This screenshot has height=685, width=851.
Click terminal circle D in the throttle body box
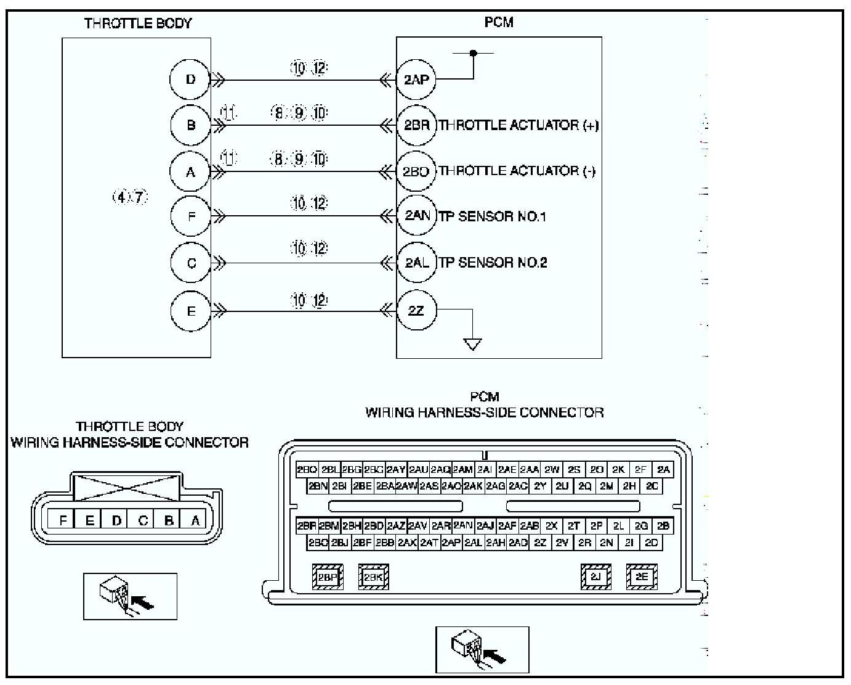point(190,79)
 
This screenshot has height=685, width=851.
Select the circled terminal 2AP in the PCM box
point(416,79)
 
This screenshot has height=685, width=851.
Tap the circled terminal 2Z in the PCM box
point(416,310)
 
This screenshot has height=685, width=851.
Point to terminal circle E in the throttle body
point(191,310)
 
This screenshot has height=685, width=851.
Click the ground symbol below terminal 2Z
point(472,344)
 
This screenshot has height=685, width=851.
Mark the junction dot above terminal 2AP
point(473,53)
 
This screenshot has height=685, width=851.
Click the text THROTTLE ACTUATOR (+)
point(518,125)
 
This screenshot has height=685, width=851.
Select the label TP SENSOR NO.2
point(493,263)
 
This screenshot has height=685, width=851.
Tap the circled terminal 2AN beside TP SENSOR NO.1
point(417,216)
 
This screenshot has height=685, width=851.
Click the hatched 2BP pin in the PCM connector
point(328,577)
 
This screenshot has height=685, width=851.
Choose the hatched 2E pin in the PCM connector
point(642,576)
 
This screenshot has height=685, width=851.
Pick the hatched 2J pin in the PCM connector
point(595,576)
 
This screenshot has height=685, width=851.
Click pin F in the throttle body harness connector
point(63,520)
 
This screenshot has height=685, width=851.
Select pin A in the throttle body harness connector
point(195,520)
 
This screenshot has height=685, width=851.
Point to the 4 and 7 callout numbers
point(130,197)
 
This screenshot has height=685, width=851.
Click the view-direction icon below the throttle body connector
point(130,596)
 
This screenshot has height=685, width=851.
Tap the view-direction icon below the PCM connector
point(482,649)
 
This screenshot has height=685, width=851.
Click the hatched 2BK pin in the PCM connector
point(373,577)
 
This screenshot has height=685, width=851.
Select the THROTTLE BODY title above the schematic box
point(138,23)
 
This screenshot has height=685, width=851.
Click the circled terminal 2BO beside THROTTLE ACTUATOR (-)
point(416,171)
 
